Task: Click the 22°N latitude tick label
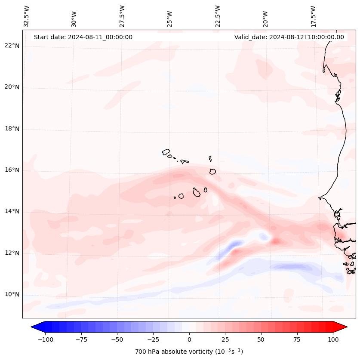point(12,46)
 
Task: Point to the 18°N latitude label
point(12,129)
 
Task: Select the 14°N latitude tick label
point(12,212)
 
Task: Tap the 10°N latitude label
point(12,295)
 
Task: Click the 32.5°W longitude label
point(27,16)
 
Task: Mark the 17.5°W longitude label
point(313,16)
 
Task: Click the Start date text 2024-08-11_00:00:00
point(83,37)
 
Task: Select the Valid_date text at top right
point(289,37)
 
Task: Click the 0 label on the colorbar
point(189,339)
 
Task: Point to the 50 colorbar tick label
point(261,339)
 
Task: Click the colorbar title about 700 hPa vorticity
point(189,352)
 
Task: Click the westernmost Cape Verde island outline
point(166,152)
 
